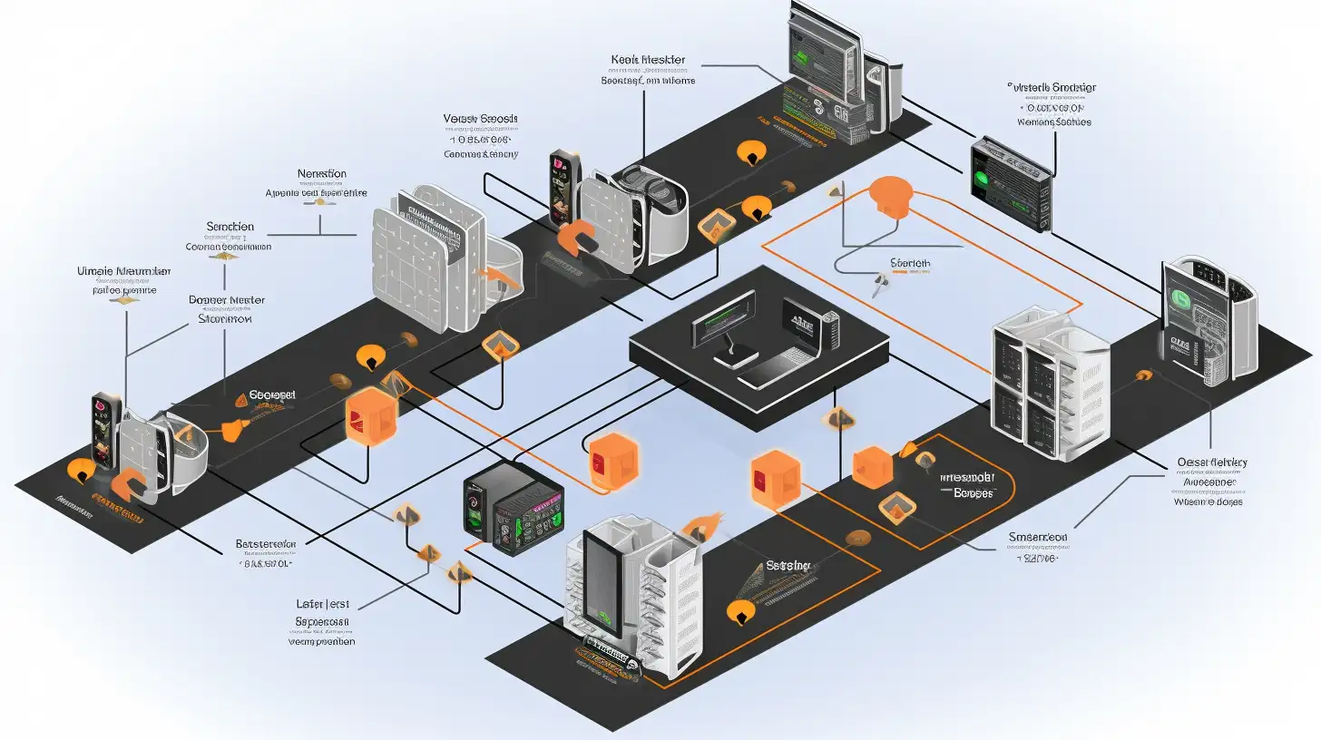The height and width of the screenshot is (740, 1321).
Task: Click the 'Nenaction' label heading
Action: (x=322, y=173)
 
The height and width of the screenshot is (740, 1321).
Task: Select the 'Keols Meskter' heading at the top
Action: (x=648, y=60)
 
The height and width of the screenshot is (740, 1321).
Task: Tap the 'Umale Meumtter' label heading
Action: (x=124, y=271)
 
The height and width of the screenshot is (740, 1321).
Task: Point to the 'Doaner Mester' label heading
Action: (x=226, y=299)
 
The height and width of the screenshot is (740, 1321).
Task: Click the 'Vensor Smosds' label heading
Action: (x=481, y=119)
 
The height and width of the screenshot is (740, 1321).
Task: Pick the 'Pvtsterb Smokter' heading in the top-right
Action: (x=1052, y=87)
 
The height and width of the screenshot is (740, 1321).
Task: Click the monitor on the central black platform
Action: (x=723, y=318)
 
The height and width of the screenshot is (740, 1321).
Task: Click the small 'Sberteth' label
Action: (x=910, y=264)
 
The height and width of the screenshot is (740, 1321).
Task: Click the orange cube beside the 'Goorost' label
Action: (x=371, y=417)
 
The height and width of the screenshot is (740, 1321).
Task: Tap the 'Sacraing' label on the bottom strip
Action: (x=788, y=565)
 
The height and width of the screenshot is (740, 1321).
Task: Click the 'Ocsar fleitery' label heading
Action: (x=1211, y=462)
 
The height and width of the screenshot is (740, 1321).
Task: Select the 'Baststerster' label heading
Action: (x=266, y=544)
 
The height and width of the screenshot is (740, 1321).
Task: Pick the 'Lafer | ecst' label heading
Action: (x=324, y=602)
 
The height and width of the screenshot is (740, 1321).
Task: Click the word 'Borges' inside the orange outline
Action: (x=974, y=493)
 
